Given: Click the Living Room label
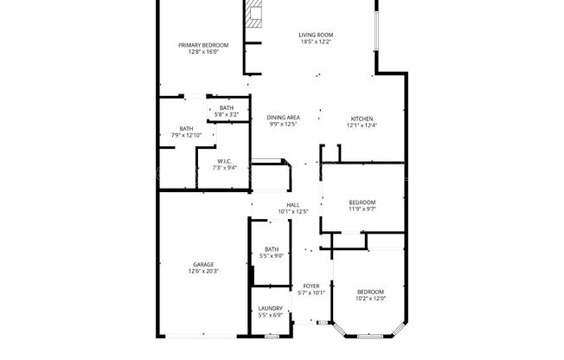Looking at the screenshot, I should (x=317, y=35).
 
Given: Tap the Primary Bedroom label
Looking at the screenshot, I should (x=203, y=45).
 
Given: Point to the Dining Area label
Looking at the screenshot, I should (x=283, y=118).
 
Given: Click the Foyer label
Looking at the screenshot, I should (x=311, y=286).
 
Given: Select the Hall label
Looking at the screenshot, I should (x=293, y=205).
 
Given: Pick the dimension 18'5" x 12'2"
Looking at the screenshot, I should (x=317, y=42).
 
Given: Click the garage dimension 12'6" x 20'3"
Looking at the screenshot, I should (x=203, y=271).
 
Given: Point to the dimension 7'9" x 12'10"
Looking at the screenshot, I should (x=186, y=135).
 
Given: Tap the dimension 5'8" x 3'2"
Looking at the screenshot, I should (x=226, y=114).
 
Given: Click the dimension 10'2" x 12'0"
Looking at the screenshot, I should (x=371, y=299).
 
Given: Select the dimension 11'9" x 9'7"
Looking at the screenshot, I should (x=362, y=209).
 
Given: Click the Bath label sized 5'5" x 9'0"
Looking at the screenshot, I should (x=272, y=249).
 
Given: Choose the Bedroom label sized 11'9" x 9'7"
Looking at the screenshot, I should (x=362, y=202).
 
